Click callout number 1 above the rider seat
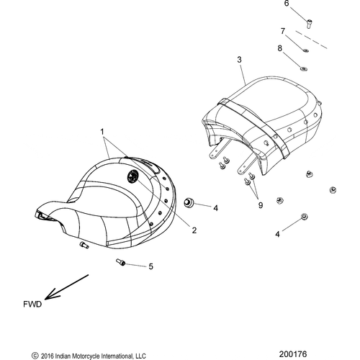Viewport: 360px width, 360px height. coord(102,132)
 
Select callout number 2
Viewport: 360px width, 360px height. coord(194,230)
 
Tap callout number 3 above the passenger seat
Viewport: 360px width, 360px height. coord(239,60)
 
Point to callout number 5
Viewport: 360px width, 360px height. coord(150,266)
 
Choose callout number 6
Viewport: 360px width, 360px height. coord(287,4)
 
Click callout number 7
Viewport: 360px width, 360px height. coord(283,31)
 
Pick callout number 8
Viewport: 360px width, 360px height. coord(280,48)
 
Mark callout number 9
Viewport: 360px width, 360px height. coord(261,205)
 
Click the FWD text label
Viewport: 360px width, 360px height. coord(32,305)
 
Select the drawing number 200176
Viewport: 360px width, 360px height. coord(293,354)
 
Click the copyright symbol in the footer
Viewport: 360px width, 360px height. coord(35,356)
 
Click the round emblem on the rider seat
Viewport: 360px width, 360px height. coord(133,177)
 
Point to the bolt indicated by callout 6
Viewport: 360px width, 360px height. coord(309,24)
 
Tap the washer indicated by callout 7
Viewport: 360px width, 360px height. coord(305,50)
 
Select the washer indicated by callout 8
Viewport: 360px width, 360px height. coord(304,69)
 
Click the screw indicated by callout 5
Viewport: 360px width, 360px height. coord(120,262)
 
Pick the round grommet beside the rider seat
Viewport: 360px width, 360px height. coord(188,202)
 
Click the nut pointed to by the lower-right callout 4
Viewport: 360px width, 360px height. coord(305,217)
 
